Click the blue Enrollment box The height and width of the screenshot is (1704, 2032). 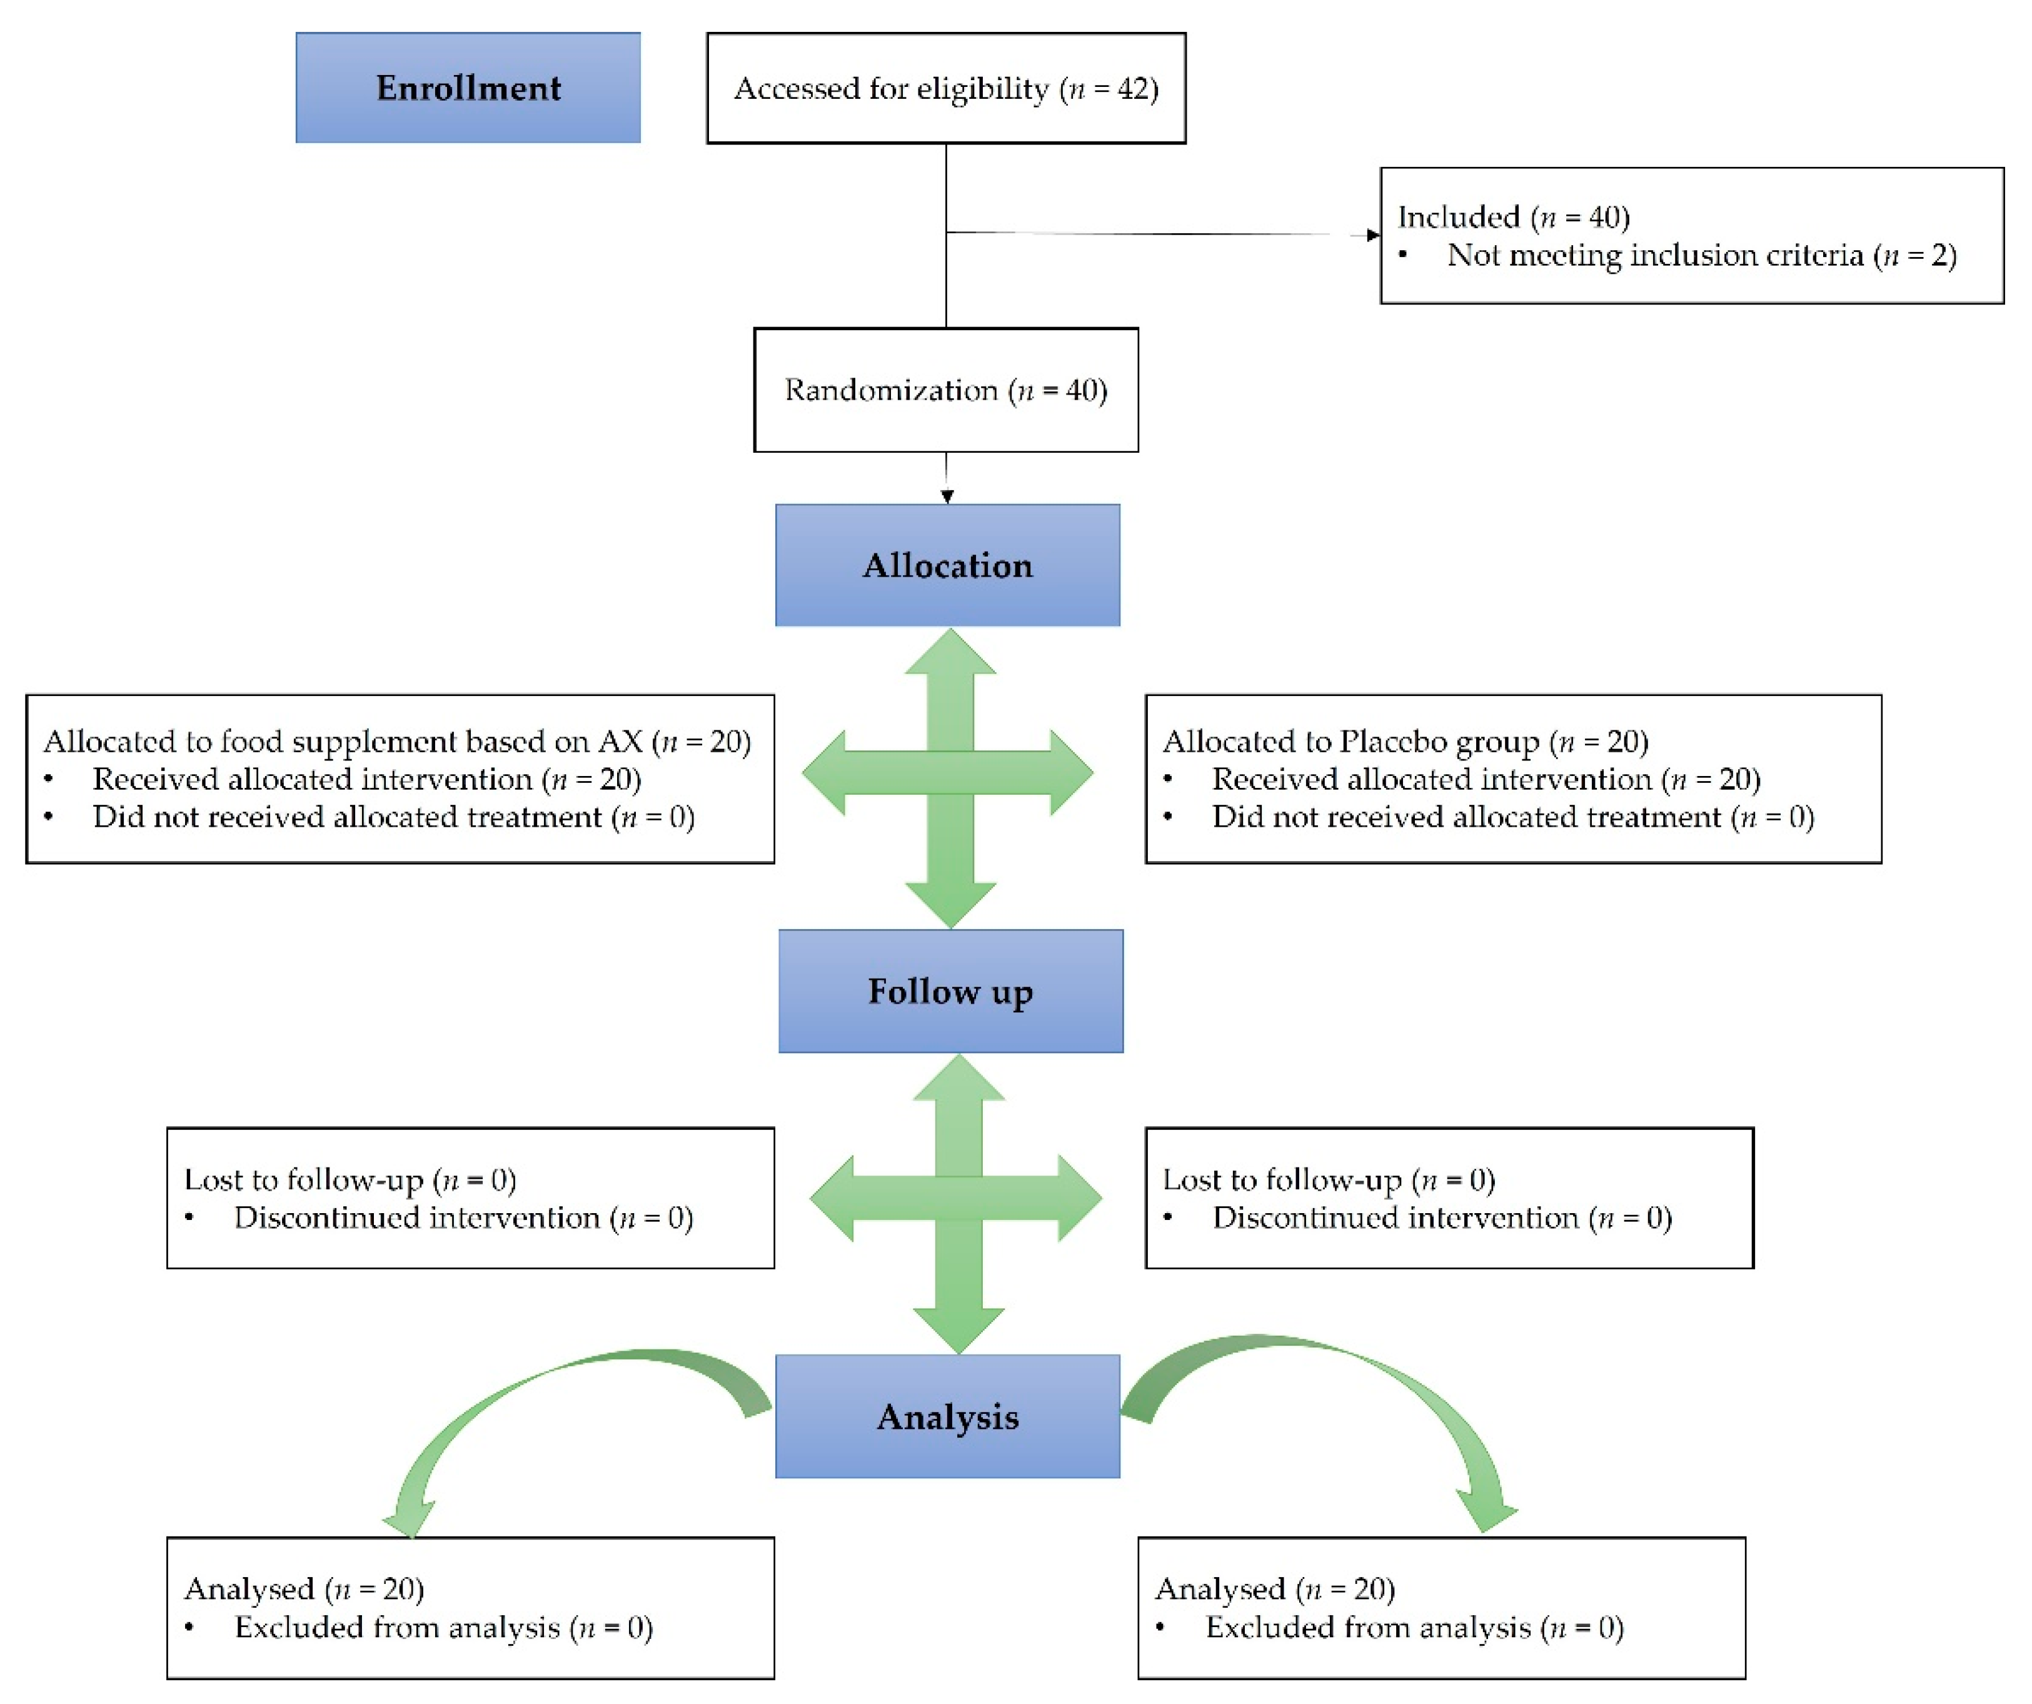coord(468,88)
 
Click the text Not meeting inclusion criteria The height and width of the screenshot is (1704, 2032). coord(1654,256)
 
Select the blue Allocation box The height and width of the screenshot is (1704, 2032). coord(947,565)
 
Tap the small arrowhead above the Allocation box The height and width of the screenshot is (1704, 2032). coord(947,497)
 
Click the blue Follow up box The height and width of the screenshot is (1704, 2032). coord(950,991)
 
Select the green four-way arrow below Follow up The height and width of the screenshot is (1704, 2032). coord(957,1200)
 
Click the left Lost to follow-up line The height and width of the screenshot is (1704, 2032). coord(350,1179)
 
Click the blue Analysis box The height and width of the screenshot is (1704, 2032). coord(947,1416)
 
